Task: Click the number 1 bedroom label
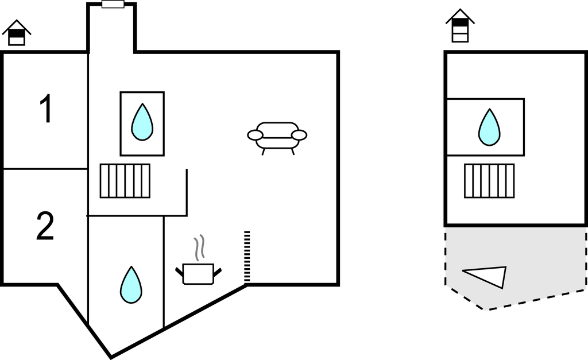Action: point(46,109)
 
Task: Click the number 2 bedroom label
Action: point(45,227)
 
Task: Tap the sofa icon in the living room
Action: point(277,137)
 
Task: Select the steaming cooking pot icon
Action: point(198,273)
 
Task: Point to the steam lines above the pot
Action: point(199,247)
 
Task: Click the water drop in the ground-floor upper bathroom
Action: point(142,122)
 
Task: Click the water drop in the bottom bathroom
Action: point(131,285)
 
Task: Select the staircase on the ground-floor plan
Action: point(125,181)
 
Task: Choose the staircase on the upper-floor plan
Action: point(489,181)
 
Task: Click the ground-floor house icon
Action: point(17,33)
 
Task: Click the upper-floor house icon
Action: point(460,26)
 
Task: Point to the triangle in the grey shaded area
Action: point(488,276)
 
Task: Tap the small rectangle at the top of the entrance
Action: point(113,4)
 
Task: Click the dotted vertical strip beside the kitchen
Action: point(247,257)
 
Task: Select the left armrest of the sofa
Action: point(255,136)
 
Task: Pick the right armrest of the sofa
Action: point(299,136)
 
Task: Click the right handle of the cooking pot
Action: point(217,272)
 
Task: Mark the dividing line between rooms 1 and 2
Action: point(45,169)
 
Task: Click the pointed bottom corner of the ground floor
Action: point(110,357)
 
